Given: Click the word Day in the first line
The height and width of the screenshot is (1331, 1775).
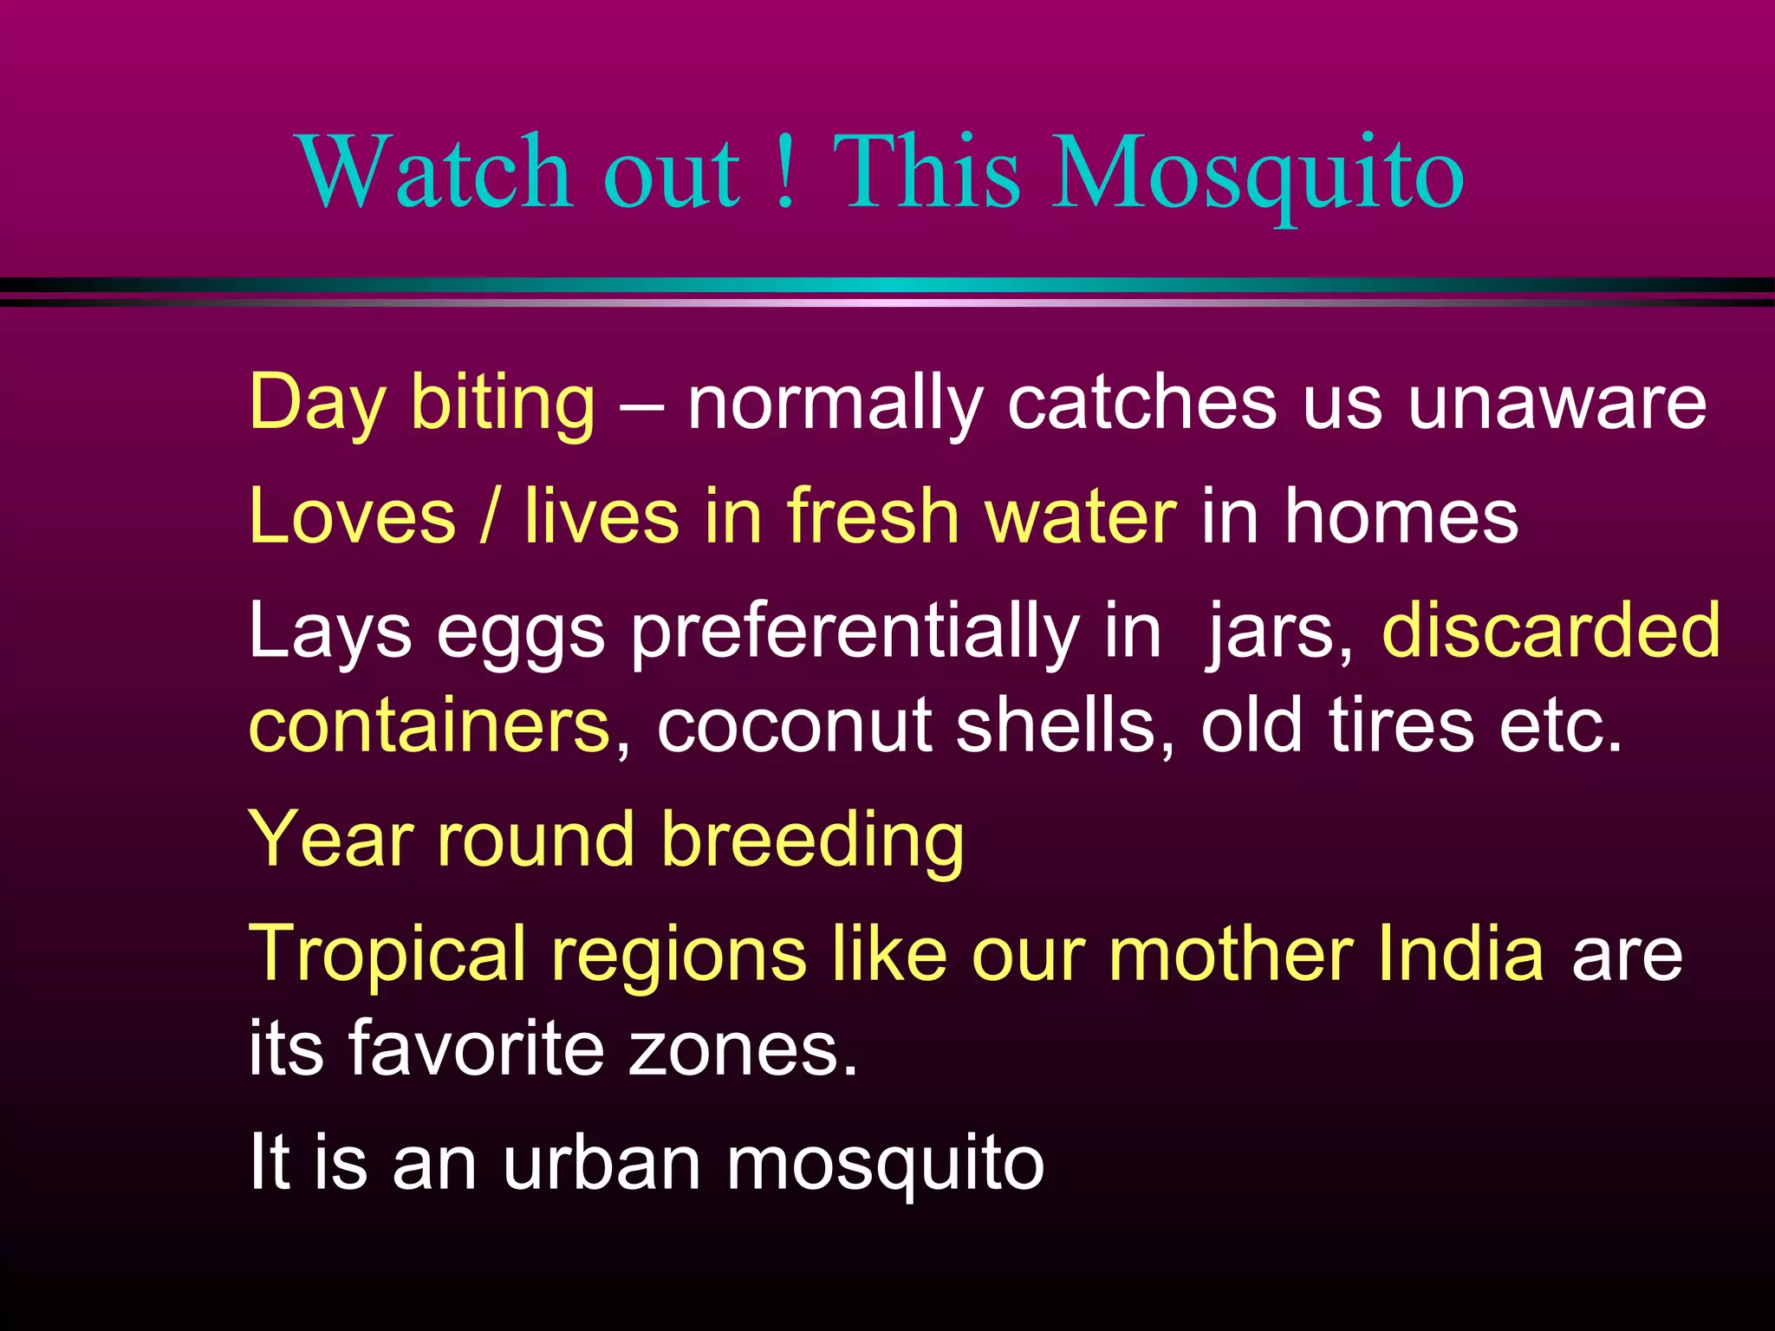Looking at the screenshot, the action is pyautogui.click(x=316, y=403).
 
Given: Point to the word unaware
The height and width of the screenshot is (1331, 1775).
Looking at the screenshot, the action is pyautogui.click(x=1556, y=403).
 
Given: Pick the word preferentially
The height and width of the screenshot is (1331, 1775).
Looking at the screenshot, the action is pyautogui.click(x=854, y=633).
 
